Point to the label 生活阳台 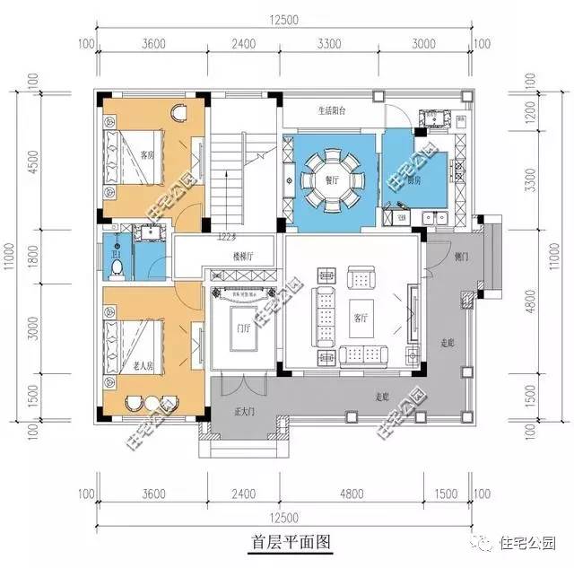pyautogui.click(x=332, y=112)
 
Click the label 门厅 pyautogui.click(x=240, y=328)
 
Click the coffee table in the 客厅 pyautogui.click(x=362, y=313)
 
